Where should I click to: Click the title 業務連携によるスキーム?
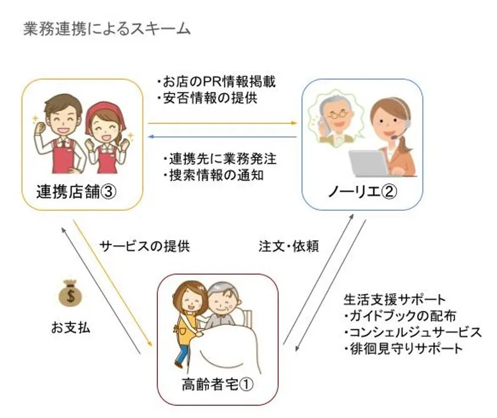(x=107, y=29)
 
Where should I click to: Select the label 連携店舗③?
(x=76, y=192)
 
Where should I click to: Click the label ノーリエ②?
(x=362, y=192)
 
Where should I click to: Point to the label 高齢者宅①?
(x=218, y=385)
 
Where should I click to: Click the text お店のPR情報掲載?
(x=216, y=82)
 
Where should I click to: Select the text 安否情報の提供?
(x=207, y=98)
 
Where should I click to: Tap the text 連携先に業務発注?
(x=220, y=159)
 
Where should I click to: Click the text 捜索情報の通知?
(x=213, y=175)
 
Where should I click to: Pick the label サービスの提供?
(x=145, y=246)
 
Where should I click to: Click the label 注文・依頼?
(x=289, y=246)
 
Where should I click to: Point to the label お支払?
(x=70, y=327)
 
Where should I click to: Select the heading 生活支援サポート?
(x=395, y=300)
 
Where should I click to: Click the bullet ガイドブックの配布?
(x=400, y=316)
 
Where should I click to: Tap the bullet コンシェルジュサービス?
(x=413, y=332)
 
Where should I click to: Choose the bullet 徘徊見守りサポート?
(x=403, y=349)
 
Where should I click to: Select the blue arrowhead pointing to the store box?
(x=151, y=137)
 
